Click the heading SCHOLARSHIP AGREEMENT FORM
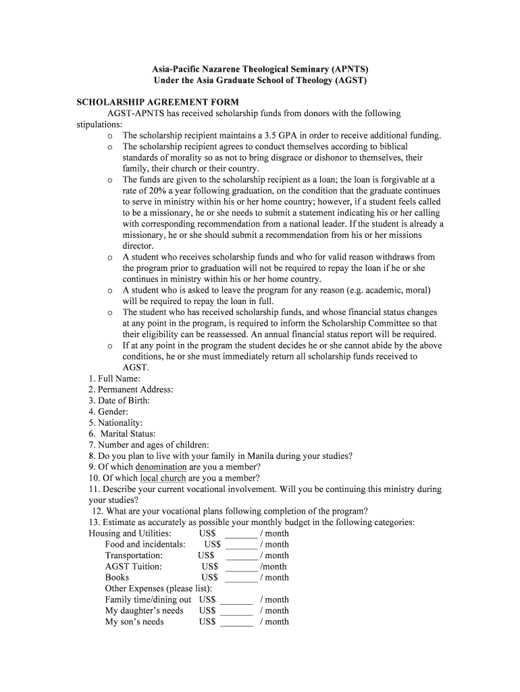point(157,102)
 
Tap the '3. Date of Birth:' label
point(119,401)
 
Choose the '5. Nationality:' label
point(115,422)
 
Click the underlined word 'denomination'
point(161,467)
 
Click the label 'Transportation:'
point(134,555)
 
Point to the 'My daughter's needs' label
point(144,610)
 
